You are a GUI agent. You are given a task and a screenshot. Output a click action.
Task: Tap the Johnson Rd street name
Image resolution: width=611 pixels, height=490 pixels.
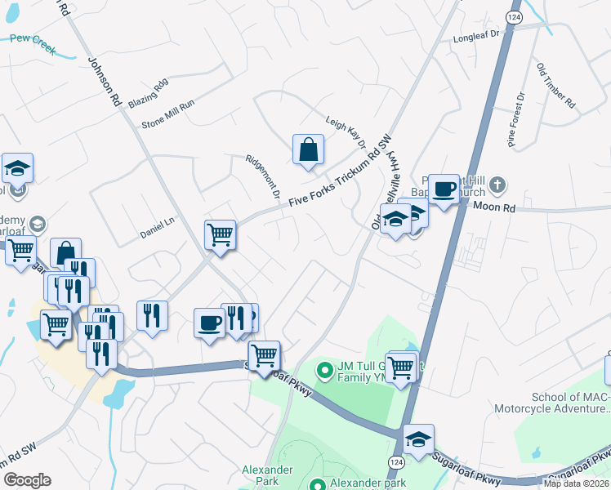[x=104, y=82]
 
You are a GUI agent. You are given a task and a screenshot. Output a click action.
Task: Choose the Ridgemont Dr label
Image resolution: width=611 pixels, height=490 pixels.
[x=265, y=178]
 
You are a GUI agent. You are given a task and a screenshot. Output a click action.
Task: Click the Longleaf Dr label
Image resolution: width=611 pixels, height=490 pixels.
[x=475, y=38]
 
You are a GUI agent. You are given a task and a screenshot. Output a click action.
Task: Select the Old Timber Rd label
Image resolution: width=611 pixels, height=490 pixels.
[x=555, y=84]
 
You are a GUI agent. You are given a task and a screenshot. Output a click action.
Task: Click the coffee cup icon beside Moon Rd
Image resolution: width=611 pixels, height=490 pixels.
[x=444, y=189]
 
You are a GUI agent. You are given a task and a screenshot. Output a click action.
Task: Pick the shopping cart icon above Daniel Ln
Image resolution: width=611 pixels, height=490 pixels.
[x=220, y=235]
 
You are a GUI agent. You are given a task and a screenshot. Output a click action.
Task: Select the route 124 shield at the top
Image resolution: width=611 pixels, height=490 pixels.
[x=514, y=16]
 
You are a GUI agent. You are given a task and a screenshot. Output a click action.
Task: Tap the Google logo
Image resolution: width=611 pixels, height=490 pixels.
[x=27, y=480]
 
